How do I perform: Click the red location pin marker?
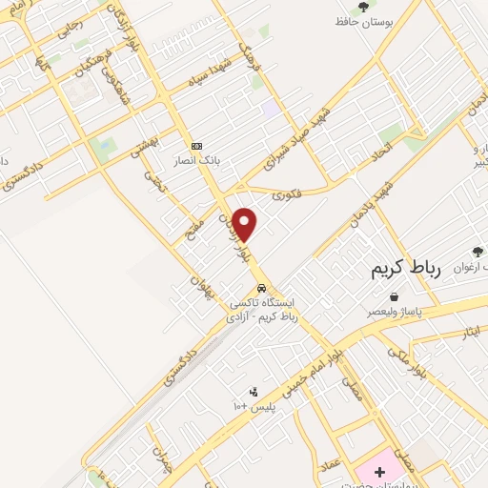pyautogui.click(x=245, y=224)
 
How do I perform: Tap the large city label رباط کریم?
pyautogui.click(x=407, y=271)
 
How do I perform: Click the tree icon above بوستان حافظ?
pyautogui.click(x=363, y=8)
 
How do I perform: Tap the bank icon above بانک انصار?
pyautogui.click(x=196, y=146)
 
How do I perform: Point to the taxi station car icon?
pyautogui.click(x=260, y=288)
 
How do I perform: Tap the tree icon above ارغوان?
pyautogui.click(x=478, y=252)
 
